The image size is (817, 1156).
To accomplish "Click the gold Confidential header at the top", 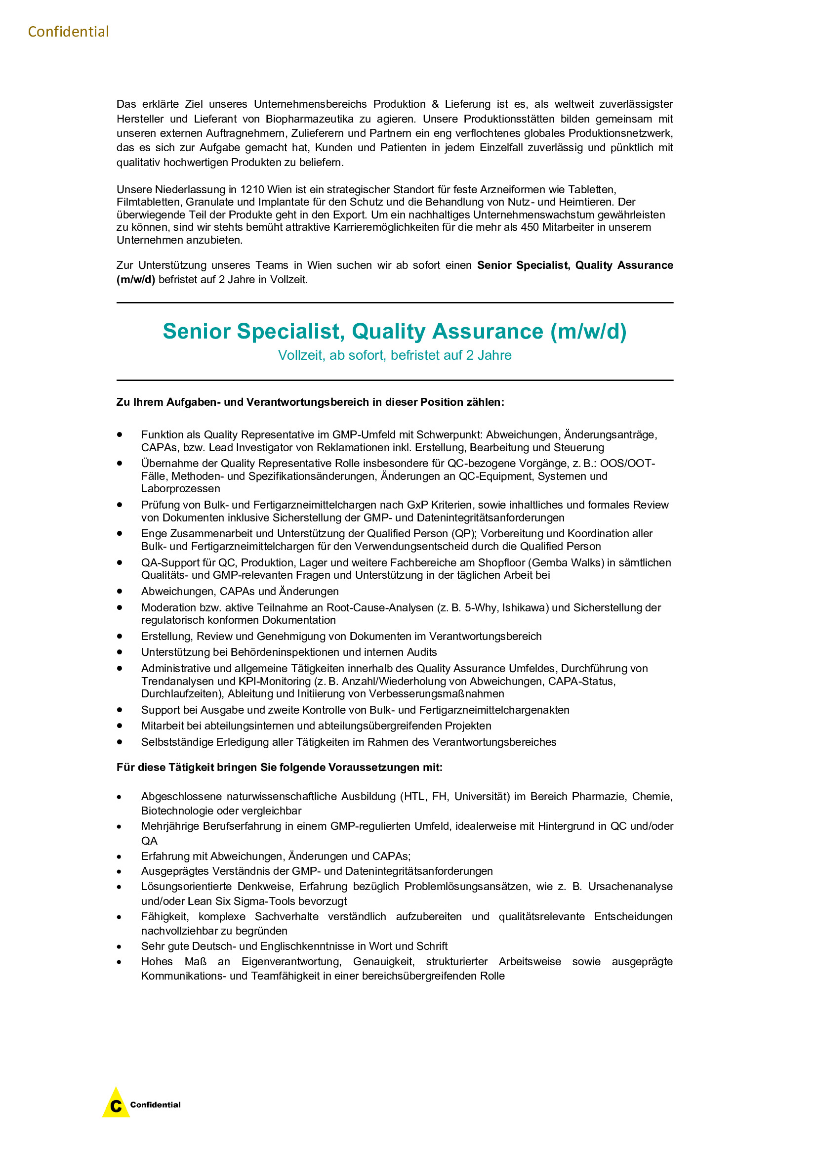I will tap(69, 32).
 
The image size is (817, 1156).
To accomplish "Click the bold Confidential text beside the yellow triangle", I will tap(155, 1105).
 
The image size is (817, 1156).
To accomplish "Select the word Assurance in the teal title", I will tap(488, 331).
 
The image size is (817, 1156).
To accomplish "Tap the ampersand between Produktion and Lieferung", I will tap(435, 104).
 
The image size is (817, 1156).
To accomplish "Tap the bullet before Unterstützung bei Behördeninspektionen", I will tap(120, 651).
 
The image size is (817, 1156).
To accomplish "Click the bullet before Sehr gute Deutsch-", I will tap(119, 947).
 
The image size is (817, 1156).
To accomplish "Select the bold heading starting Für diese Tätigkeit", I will tap(279, 768).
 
